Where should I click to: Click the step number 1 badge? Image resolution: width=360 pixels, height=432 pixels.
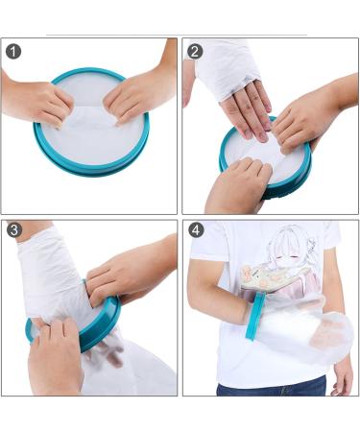point(13,51)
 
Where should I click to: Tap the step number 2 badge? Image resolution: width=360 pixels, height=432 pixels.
point(195,51)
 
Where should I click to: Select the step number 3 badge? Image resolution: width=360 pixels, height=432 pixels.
point(13,230)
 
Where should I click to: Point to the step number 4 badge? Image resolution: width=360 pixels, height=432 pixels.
point(195,230)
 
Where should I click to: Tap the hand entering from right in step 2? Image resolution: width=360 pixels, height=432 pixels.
point(307,115)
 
